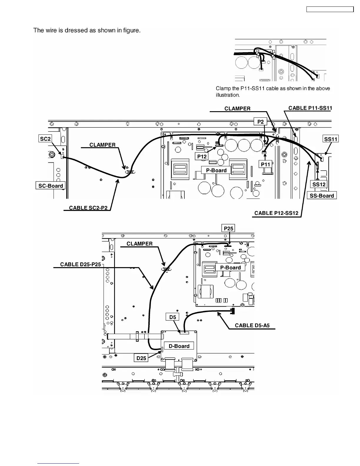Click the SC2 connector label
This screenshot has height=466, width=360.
pyautogui.click(x=45, y=139)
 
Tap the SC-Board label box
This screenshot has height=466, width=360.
pyautogui.click(x=51, y=186)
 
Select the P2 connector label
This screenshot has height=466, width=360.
pyautogui.click(x=261, y=122)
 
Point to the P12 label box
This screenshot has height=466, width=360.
pyautogui.click(x=202, y=157)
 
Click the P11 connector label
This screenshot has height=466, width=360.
pyautogui.click(x=266, y=164)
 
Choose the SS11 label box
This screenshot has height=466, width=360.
pyautogui.click(x=331, y=139)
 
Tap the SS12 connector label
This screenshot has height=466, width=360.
pyautogui.click(x=319, y=184)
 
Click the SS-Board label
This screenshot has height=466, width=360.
pyautogui.click(x=322, y=196)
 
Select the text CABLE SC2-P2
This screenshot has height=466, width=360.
pyautogui.click(x=88, y=208)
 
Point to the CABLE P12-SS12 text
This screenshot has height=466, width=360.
pyautogui.click(x=276, y=213)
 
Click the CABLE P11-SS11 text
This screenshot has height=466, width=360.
pyautogui.click(x=310, y=108)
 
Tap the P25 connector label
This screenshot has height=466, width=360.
pyautogui.click(x=229, y=228)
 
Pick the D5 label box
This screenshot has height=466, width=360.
pyautogui.click(x=173, y=317)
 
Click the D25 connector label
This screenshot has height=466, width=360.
pyautogui.click(x=141, y=358)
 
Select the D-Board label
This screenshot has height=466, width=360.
pyautogui.click(x=179, y=346)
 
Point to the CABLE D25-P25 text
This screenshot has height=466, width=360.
pyautogui.click(x=80, y=264)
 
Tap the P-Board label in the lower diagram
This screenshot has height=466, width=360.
pyautogui.click(x=230, y=267)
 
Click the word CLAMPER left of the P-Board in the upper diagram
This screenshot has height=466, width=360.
pyautogui.click(x=102, y=145)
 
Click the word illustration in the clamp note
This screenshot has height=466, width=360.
pyautogui.click(x=228, y=95)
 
